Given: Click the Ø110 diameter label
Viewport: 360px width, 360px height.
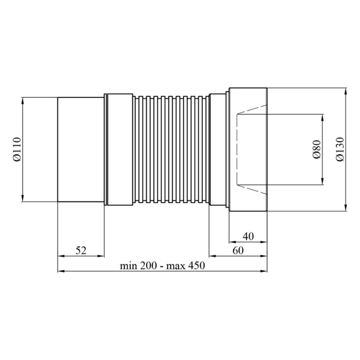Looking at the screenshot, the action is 17,149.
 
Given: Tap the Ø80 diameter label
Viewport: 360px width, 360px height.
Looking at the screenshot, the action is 316,149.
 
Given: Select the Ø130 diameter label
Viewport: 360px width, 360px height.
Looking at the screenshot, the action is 340,149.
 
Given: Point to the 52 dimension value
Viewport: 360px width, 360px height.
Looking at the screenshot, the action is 81,250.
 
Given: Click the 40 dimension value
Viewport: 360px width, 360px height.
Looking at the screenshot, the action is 248,236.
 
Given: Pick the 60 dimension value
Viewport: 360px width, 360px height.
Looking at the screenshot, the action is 238,250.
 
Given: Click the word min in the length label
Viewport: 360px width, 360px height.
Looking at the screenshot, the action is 129,266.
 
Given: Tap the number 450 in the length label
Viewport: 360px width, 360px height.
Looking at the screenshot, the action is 196,266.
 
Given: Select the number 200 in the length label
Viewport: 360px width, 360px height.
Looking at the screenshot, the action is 149,266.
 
